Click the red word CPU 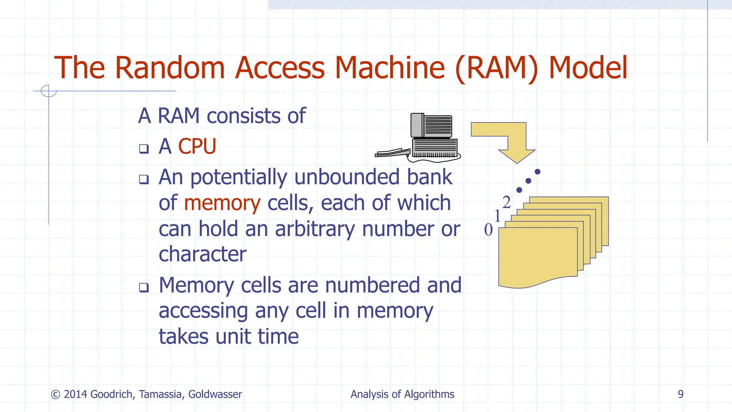pos(197,146)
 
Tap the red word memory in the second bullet pos(222,203)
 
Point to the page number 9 pos(681,394)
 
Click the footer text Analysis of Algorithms pos(402,394)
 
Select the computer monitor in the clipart pos(432,126)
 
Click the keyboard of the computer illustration pos(392,153)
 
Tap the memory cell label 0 pos(488,230)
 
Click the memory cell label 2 pos(506,202)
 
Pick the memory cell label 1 pos(497,216)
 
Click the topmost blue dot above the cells pos(537,172)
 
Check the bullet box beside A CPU pos(144,148)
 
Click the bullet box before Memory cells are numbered pos(144,287)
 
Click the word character pos(202,254)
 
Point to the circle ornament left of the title pos(49,91)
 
